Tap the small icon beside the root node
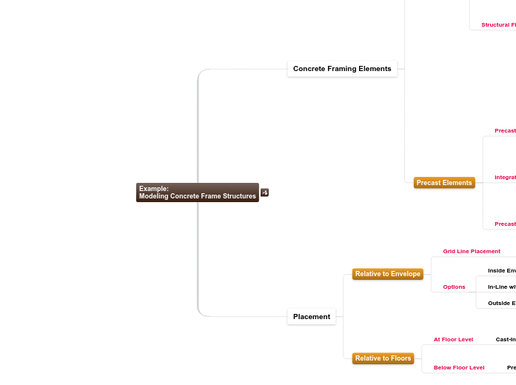pos(264,192)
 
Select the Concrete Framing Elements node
pos(342,69)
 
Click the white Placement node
pos(312,317)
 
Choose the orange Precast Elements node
pos(444,183)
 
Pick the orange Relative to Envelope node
pos(387,274)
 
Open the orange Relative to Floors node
pos(383,358)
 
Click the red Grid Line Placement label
pos(472,252)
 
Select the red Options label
pos(454,287)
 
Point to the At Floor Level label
pos(453,340)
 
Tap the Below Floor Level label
pos(459,368)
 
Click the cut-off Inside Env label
pos(502,271)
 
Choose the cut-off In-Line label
pos(502,287)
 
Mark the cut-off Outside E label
pos(502,303)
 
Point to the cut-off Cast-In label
pos(506,340)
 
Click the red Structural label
pos(498,25)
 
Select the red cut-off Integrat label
pos(505,178)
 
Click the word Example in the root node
pos(154,189)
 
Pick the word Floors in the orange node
pos(401,358)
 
